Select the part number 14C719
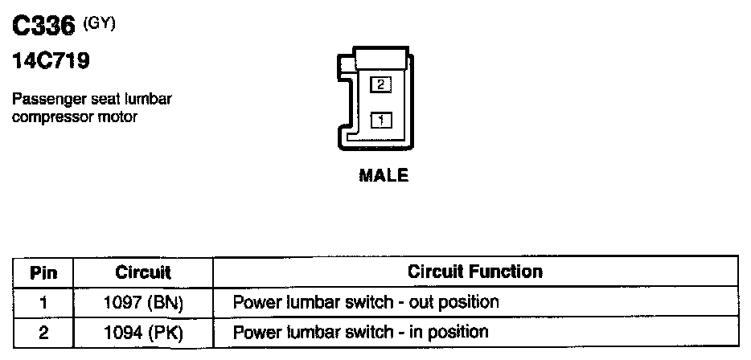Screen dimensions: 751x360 tap(50, 60)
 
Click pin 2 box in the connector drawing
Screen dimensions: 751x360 tap(380, 84)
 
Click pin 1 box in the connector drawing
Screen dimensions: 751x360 tap(380, 121)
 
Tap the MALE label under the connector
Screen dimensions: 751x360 tap(383, 175)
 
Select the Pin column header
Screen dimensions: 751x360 tap(43, 272)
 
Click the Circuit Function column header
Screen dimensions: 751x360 tap(474, 272)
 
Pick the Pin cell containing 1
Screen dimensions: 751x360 tap(43, 303)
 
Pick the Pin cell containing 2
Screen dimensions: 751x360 tap(43, 332)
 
